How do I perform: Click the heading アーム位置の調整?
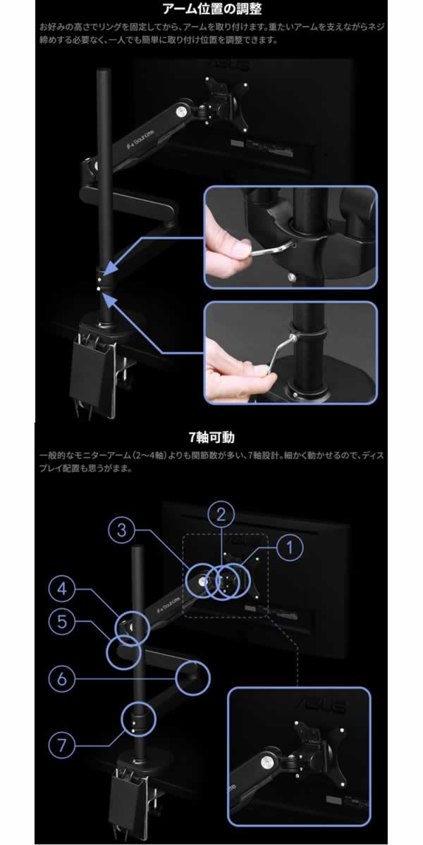(211, 10)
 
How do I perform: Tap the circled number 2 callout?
(221, 513)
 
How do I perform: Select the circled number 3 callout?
(121, 530)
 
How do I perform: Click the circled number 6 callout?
(63, 680)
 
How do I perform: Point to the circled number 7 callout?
(63, 745)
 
